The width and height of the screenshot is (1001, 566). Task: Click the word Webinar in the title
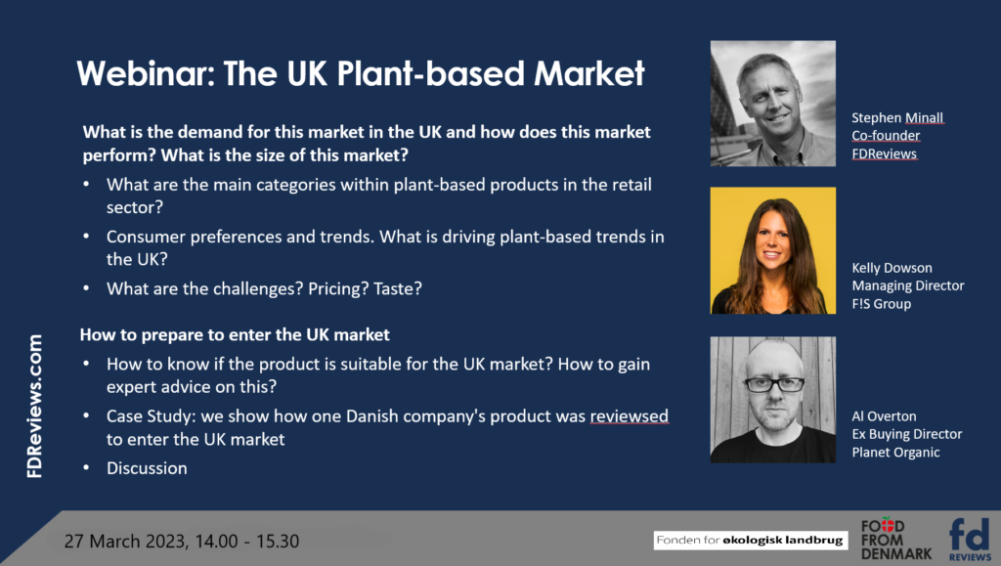pos(146,73)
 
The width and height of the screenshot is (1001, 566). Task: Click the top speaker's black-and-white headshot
pos(772,104)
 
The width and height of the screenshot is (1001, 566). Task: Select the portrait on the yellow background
pos(772,250)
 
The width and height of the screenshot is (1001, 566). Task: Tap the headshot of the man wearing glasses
pos(772,400)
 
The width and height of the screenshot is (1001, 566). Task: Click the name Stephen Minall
pos(897,118)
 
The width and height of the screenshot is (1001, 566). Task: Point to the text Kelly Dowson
pos(892,268)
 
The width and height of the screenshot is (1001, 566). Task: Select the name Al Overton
pos(884,416)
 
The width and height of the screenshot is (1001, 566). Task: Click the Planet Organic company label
pos(895,453)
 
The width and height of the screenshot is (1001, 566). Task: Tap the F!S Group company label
pos(881,304)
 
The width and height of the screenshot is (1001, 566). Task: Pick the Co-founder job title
pos(886,135)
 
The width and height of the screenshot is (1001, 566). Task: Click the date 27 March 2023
pos(125,542)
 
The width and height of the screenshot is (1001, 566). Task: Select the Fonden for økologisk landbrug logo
pos(750,540)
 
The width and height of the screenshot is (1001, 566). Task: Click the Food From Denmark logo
pos(895,540)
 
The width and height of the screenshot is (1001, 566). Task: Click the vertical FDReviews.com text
pos(34,406)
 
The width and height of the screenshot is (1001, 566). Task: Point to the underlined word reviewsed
pos(629,416)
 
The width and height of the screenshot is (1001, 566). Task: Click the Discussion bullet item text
pos(147,468)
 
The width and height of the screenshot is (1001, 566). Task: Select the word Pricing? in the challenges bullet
pos(338,289)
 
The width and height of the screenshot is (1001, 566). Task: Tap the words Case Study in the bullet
pos(150,416)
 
